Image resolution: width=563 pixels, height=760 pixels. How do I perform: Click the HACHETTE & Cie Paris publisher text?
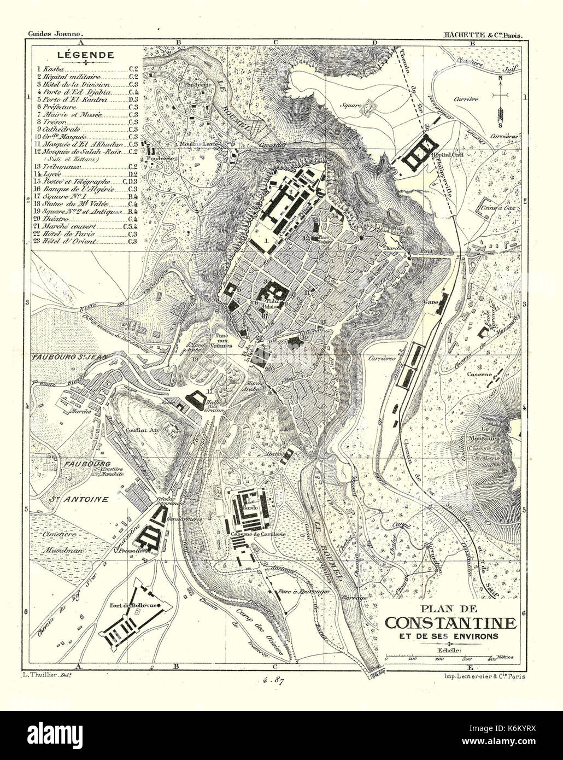(x=484, y=34)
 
